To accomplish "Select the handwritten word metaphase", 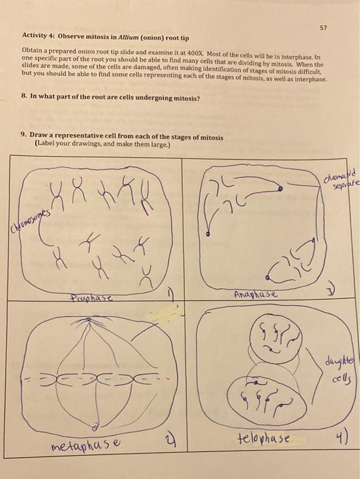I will point(87,448).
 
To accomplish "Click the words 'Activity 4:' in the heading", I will point(39,34).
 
